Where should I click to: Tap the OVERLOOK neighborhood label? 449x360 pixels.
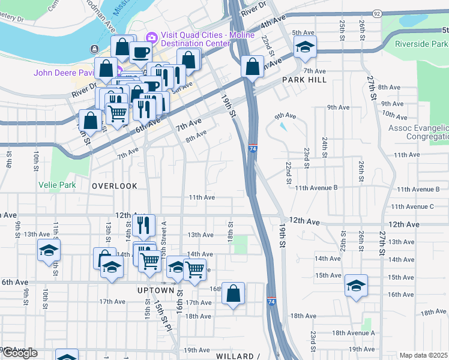115,186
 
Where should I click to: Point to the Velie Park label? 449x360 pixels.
58,185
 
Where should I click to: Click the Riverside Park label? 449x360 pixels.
421,44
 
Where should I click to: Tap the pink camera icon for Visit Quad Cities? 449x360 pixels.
151,38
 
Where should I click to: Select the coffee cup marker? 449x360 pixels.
141,52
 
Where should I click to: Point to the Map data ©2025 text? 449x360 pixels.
423,355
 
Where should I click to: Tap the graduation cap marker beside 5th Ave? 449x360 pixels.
305,47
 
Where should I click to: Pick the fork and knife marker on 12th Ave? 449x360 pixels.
144,226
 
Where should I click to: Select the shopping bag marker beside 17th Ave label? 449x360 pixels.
234,293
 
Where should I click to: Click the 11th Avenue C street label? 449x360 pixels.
412,206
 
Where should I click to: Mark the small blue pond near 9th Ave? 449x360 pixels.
283,127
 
